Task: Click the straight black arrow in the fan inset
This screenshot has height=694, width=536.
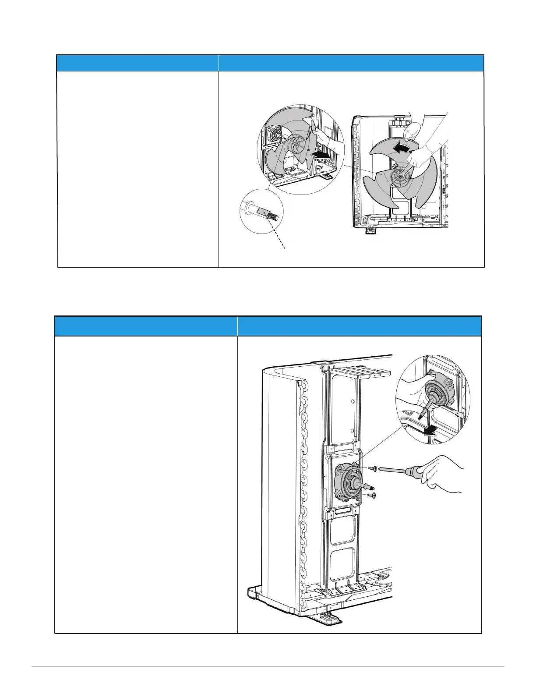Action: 322,154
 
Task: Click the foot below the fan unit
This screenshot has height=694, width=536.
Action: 370,228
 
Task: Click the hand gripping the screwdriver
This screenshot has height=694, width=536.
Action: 442,474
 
